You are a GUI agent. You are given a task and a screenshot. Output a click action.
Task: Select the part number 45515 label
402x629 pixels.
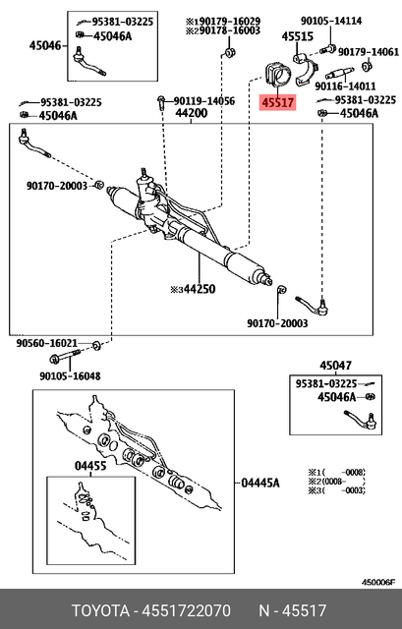pos(296,36)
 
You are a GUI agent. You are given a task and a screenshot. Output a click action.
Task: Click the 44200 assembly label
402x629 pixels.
pos(192,115)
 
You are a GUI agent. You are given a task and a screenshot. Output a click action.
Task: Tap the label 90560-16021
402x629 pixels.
pos(46,344)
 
